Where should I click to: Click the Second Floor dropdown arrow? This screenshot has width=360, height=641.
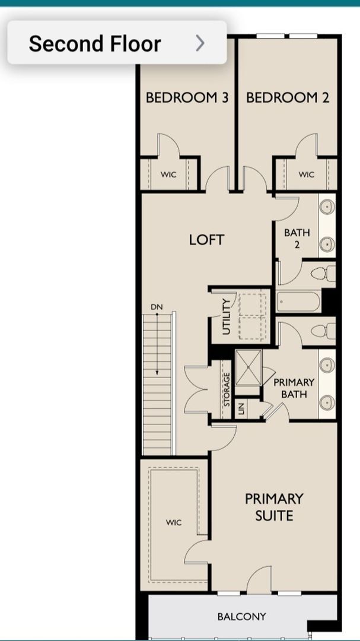pyautogui.click(x=200, y=43)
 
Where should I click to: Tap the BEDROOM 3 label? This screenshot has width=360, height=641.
pyautogui.click(x=187, y=97)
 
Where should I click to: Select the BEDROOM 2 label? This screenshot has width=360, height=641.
pyautogui.click(x=287, y=97)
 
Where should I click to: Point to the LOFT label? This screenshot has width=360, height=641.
pyautogui.click(x=206, y=240)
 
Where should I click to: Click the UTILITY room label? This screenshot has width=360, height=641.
pyautogui.click(x=226, y=318)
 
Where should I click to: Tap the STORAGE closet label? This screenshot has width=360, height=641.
pyautogui.click(x=227, y=389)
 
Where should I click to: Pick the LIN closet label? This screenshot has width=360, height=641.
pyautogui.click(x=241, y=408)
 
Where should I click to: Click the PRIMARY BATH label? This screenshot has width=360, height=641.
pyautogui.click(x=294, y=388)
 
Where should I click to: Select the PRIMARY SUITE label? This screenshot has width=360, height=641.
pyautogui.click(x=274, y=506)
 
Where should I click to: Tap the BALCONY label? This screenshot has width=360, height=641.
pyautogui.click(x=241, y=617)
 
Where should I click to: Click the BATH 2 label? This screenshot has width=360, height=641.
pyautogui.click(x=297, y=239)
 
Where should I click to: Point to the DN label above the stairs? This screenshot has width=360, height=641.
pyautogui.click(x=157, y=307)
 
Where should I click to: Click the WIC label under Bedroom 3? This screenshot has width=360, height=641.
pyautogui.click(x=168, y=174)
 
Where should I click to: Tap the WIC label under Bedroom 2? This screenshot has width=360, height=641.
pyautogui.click(x=306, y=174)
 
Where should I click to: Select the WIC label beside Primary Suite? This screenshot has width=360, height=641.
pyautogui.click(x=174, y=522)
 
